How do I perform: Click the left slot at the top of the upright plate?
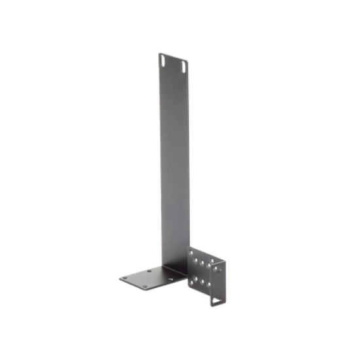click(162, 60)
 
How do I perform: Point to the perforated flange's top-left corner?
click(188, 247)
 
